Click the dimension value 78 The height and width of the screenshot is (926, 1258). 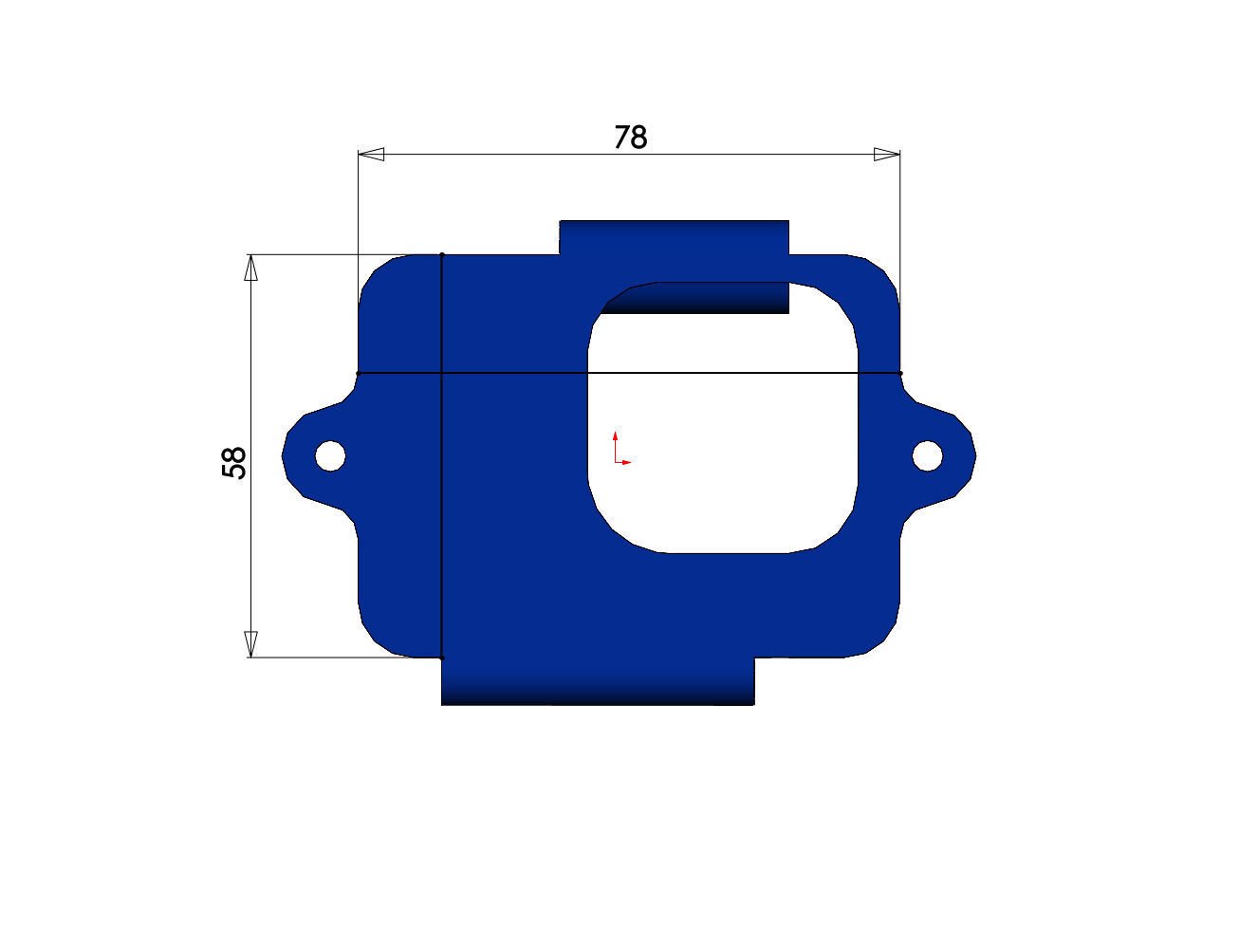pos(630,139)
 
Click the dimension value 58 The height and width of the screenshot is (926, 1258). pos(233,462)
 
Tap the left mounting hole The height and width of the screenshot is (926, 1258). pos(330,455)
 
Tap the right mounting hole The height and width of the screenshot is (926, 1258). pos(927,456)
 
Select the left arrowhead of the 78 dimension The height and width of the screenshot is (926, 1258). pos(371,154)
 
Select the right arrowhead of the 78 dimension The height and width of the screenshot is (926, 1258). pos(886,154)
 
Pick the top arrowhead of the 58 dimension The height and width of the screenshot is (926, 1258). pos(250,268)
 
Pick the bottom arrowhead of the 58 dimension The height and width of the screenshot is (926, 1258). pos(250,643)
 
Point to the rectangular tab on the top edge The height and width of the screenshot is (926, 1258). pos(674,237)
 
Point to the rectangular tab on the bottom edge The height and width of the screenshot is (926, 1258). pos(598,681)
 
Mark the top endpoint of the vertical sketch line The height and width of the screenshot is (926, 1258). pos(442,254)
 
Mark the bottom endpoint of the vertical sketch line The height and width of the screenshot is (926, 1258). pos(442,657)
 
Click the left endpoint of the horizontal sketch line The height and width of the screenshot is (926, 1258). pos(358,374)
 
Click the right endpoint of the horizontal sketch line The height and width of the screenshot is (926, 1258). pos(900,374)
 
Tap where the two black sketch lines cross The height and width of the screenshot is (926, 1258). pos(442,374)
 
